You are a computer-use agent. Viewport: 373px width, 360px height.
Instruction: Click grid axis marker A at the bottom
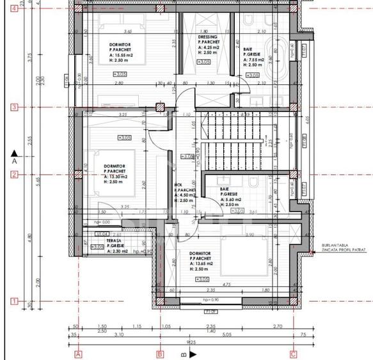79,354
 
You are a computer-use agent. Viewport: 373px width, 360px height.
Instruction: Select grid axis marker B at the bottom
160,354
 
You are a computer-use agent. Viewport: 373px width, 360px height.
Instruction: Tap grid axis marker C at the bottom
293,354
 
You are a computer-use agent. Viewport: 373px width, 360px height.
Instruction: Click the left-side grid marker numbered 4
13,9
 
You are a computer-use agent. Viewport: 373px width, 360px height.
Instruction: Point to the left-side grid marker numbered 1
13,301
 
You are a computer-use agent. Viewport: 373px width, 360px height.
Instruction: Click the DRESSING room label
208,37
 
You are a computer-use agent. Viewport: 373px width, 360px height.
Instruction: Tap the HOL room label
178,185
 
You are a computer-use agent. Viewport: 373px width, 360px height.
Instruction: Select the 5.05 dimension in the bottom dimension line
226,334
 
